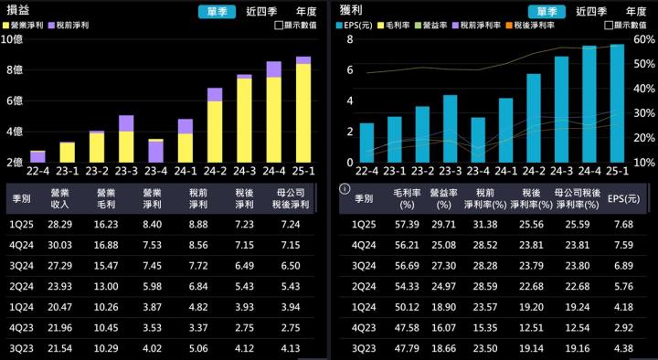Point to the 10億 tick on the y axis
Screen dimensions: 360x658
point(13,39)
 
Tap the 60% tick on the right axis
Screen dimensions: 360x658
point(642,39)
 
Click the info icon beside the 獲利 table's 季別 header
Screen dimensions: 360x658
point(345,190)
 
